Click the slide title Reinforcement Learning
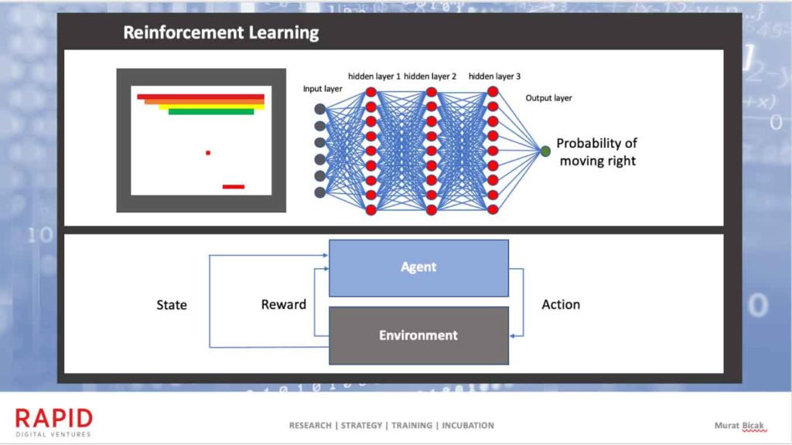point(221,33)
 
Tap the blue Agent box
point(418,267)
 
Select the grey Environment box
point(418,335)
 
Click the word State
point(172,304)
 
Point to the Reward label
point(284,304)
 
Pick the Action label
point(561,304)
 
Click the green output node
point(546,151)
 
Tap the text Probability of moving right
point(597,152)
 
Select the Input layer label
point(323,89)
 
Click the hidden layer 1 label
point(374,76)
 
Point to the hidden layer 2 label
point(430,76)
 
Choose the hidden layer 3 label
point(494,76)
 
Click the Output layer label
point(548,98)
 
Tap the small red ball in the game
point(208,153)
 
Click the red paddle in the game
point(233,186)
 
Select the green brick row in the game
point(211,112)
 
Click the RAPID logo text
point(54,419)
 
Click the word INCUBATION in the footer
point(466,426)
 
